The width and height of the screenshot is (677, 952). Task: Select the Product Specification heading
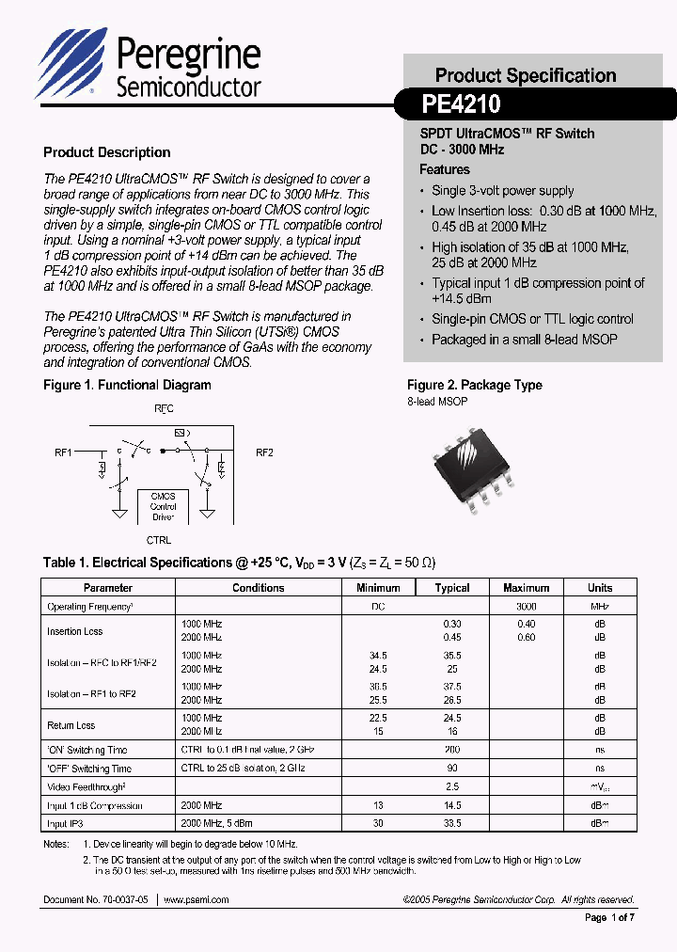click(x=525, y=75)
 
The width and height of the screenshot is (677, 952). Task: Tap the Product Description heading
click(x=107, y=152)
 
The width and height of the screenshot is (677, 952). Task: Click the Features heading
click(x=444, y=169)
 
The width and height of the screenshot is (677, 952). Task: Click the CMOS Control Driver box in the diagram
click(x=164, y=506)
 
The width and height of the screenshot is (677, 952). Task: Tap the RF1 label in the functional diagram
click(x=64, y=452)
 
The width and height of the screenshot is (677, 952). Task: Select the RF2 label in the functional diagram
click(x=264, y=452)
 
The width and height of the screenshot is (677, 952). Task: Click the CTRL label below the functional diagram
click(x=158, y=541)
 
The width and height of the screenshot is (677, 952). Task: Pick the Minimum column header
click(x=378, y=587)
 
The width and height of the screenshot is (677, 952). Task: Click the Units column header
click(x=600, y=587)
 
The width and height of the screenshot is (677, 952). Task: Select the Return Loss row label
click(x=71, y=725)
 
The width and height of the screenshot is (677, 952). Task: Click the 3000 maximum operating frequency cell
click(x=526, y=607)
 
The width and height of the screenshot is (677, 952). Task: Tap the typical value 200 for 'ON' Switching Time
click(x=451, y=750)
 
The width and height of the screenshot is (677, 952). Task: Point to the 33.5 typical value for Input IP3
click(x=451, y=823)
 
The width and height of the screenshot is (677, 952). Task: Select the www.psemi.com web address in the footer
click(x=197, y=899)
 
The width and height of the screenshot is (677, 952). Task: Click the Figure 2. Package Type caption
click(x=474, y=385)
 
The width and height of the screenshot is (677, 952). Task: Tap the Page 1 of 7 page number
click(x=610, y=917)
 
